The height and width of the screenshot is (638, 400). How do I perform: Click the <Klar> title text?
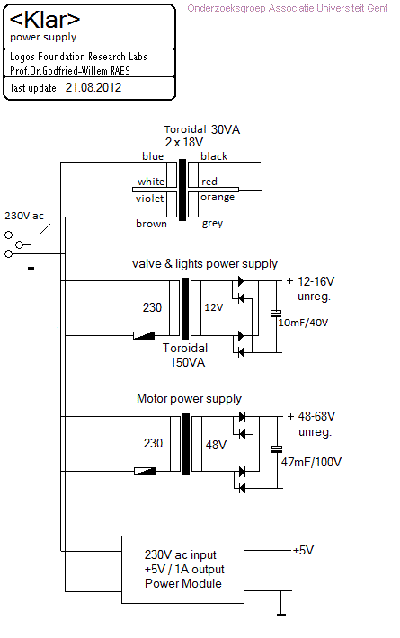44,20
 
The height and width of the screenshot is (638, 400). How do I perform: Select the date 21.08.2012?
93,87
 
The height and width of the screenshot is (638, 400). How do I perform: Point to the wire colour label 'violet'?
149,199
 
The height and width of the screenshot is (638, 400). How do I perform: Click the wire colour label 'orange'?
218,198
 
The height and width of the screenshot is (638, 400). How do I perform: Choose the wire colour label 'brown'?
151,224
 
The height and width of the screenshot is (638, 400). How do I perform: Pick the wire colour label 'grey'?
212,224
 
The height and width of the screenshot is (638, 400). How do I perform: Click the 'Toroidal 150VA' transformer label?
185,355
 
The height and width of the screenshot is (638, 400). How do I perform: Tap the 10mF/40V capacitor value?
303,323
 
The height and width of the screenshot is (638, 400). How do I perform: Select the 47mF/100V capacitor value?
311,462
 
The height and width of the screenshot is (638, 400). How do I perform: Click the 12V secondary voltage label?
214,307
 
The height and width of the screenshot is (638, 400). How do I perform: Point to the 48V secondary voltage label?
216,445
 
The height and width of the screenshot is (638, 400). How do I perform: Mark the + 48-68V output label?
311,416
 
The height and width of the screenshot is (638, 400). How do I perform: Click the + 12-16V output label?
310,281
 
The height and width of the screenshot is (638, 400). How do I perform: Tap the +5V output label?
303,551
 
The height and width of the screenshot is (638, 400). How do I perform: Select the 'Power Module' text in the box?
183,583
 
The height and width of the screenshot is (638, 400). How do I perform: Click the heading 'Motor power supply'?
190,398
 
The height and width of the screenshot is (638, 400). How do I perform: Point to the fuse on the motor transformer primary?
145,471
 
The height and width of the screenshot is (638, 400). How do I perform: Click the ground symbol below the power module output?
280,615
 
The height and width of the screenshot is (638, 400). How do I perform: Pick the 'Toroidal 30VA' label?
202,129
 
